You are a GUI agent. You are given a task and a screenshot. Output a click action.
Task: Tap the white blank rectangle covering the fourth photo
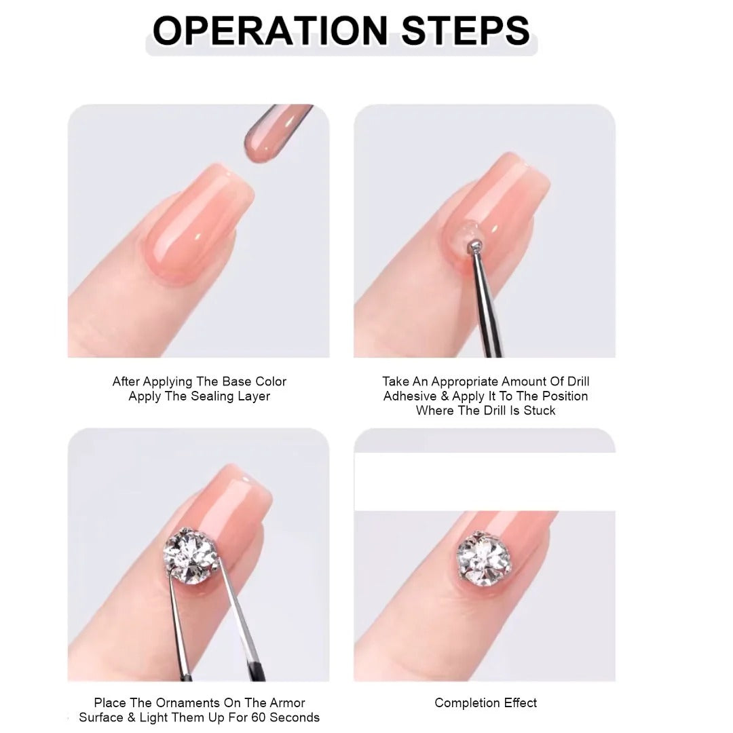pyautogui.click(x=485, y=481)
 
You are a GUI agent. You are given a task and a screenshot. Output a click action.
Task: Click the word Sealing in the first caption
pyautogui.click(x=207, y=396)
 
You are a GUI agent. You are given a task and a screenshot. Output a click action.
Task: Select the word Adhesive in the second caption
pyautogui.click(x=410, y=396)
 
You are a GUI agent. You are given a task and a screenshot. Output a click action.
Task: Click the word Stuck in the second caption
pyautogui.click(x=540, y=411)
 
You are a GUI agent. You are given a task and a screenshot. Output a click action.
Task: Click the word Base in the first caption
pyautogui.click(x=237, y=381)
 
